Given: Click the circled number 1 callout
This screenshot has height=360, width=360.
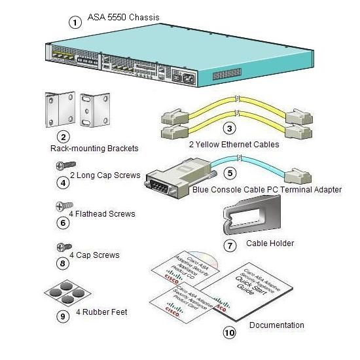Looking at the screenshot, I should [x=76, y=22].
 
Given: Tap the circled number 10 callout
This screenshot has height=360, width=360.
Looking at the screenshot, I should [x=229, y=333].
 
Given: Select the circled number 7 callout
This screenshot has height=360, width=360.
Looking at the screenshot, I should [x=229, y=245].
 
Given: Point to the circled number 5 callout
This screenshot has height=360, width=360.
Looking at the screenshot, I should [x=229, y=173].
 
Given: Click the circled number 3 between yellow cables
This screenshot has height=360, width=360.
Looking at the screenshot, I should [x=229, y=128].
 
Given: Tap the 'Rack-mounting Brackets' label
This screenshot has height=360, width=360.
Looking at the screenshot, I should [x=94, y=149].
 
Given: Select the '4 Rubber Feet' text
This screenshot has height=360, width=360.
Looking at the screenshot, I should [x=101, y=312].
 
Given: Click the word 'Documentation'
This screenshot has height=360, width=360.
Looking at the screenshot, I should [x=277, y=325].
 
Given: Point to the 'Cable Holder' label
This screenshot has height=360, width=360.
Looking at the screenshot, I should [x=270, y=243].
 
